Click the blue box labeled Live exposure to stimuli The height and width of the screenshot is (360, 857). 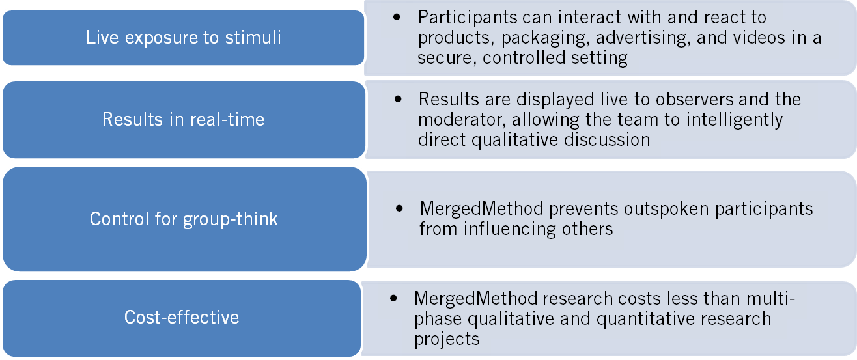click(x=183, y=37)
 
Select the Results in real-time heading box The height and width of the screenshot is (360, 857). click(x=183, y=120)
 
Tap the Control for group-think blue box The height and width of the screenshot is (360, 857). click(x=183, y=219)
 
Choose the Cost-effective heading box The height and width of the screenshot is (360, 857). click(x=182, y=318)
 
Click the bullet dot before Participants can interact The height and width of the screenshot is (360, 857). click(x=397, y=18)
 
